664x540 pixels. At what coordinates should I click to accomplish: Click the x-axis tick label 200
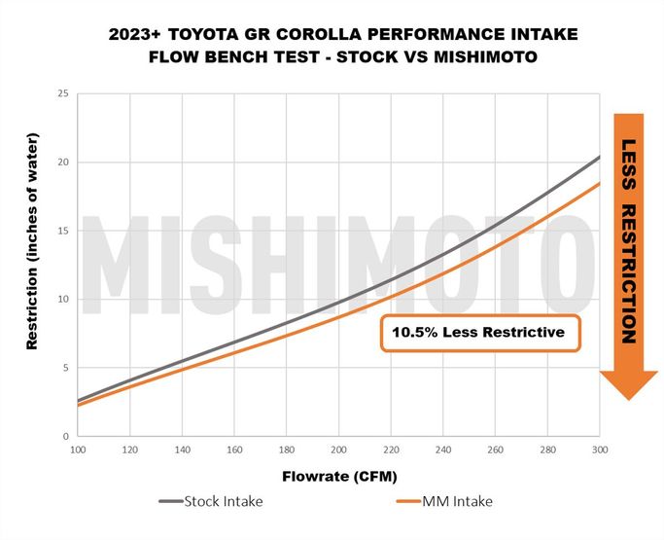338,450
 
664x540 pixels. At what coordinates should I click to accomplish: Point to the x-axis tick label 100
78,450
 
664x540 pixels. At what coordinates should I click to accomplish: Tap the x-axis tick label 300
600,450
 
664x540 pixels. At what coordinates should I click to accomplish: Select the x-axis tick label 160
234,450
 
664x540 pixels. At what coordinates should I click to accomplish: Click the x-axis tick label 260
495,450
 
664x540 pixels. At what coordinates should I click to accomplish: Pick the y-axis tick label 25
63,93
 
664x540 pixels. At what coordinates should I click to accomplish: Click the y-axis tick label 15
63,231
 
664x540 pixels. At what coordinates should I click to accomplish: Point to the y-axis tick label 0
66,436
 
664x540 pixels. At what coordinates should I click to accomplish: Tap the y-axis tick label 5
66,368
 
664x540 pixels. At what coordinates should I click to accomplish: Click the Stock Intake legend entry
211,501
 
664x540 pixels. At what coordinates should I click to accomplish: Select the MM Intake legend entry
444,501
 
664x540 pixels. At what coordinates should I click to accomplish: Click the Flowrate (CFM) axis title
339,477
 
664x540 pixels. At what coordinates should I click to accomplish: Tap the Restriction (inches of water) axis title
32,241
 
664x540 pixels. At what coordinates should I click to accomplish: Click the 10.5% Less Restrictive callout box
480,333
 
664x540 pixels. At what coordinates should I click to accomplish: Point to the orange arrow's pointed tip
629,400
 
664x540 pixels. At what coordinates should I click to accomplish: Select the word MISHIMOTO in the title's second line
486,56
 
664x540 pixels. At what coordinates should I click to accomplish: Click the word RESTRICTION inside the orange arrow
629,274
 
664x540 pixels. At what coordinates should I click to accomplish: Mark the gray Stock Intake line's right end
600,158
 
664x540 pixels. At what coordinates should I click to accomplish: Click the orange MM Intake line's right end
600,183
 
